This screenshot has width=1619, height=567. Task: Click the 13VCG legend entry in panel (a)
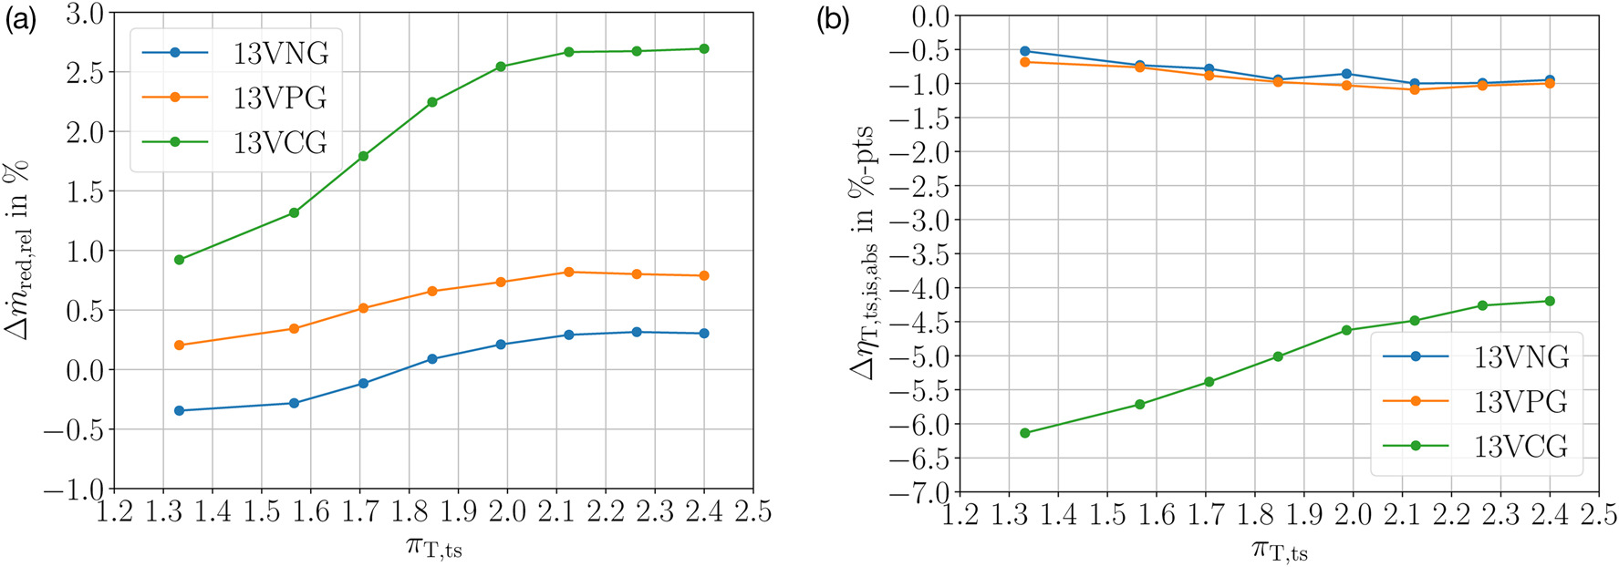coord(280,142)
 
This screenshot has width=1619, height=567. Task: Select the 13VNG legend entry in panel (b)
coord(1520,356)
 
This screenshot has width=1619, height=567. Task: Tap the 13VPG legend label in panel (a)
coord(280,98)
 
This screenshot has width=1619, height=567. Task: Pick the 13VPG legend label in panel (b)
coord(1520,401)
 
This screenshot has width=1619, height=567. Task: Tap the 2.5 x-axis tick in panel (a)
coord(752,512)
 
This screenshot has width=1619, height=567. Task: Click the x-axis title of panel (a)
coord(434,547)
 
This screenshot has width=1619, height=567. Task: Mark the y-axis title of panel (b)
coord(863,253)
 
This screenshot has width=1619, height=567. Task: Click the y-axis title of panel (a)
coord(18,251)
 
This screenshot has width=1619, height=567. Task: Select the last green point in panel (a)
coord(703,48)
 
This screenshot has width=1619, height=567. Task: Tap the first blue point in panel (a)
coord(179,410)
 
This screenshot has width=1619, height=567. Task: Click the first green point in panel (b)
coord(1025,433)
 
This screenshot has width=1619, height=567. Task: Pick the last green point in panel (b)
coord(1550,301)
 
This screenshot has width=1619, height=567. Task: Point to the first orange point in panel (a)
coord(179,345)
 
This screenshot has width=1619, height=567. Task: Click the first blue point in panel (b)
coord(1025,51)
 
